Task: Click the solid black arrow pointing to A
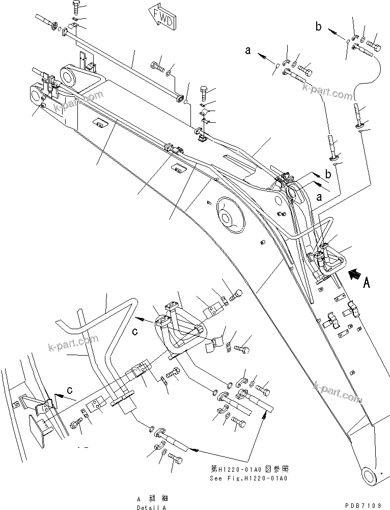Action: [355, 277]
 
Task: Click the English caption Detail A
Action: [151, 507]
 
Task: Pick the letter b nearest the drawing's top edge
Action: [318, 27]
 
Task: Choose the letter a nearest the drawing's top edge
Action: [248, 50]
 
